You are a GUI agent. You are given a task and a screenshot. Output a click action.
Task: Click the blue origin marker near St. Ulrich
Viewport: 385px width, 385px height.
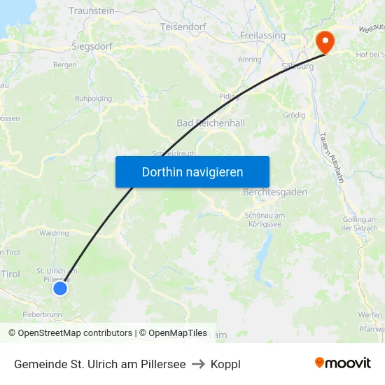60,288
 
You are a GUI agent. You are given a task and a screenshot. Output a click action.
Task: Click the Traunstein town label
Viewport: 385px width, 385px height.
92,11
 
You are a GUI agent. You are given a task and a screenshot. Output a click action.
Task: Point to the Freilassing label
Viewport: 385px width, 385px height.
262,36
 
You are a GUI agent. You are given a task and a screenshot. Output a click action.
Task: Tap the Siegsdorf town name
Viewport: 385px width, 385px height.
92,46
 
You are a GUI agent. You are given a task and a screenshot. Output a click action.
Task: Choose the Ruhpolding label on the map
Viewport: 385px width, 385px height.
93,99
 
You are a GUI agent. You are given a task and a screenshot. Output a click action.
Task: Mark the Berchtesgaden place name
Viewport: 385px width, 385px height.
275,192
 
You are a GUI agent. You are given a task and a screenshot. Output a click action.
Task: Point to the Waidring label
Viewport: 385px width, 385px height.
54,233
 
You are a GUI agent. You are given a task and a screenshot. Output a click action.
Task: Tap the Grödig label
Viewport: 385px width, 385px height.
294,115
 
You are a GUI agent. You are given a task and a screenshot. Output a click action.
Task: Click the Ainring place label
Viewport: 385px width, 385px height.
250,59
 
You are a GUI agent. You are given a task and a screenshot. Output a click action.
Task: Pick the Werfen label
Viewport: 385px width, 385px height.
370,315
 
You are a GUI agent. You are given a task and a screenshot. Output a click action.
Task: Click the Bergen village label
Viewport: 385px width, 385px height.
65,65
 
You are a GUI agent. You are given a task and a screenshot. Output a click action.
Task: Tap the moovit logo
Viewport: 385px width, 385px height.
342,363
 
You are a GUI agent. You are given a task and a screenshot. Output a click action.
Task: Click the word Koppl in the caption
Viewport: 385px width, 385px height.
225,364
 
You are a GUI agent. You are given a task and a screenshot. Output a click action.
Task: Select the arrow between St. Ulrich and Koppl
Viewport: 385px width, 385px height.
198,364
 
